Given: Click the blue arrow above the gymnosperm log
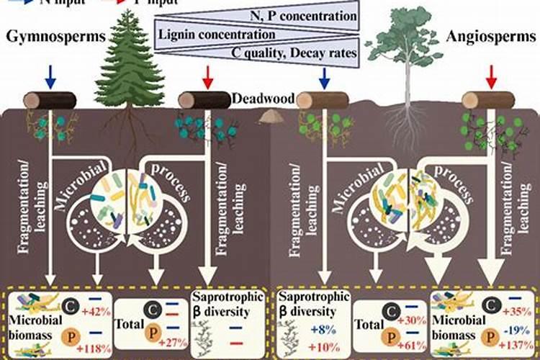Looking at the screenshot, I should click(50, 75).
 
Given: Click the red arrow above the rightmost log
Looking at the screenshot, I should click(492, 75).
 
